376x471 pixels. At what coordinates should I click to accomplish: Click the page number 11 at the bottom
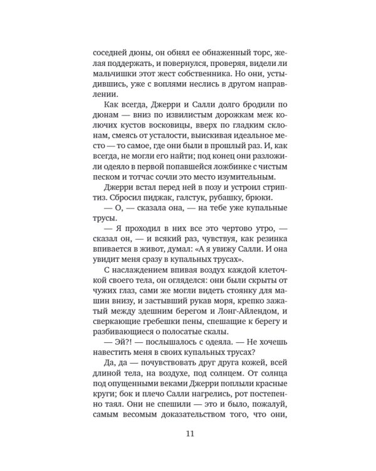191,433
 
